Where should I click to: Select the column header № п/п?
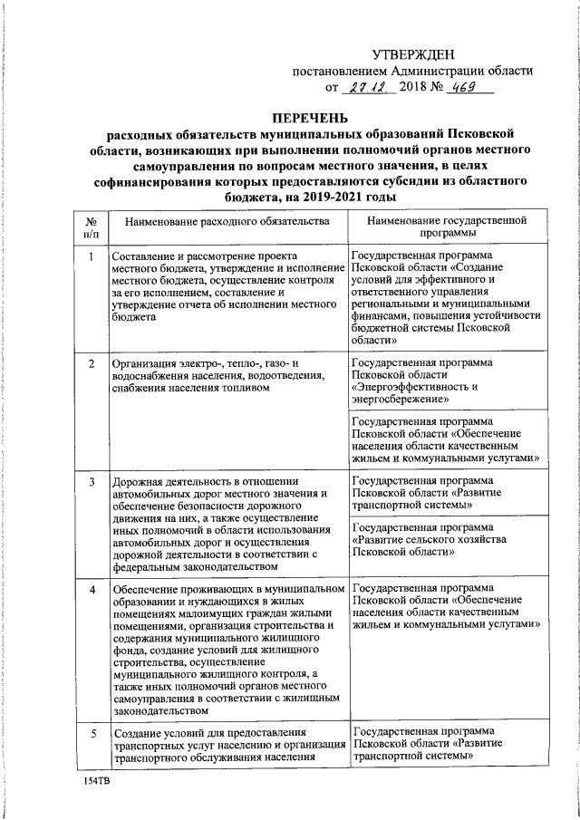tap(91, 227)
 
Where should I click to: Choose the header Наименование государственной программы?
tap(448, 227)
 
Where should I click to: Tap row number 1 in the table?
tap(91, 256)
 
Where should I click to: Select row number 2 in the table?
tap(91, 364)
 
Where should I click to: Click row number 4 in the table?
tap(91, 590)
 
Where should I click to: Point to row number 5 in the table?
tap(91, 732)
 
